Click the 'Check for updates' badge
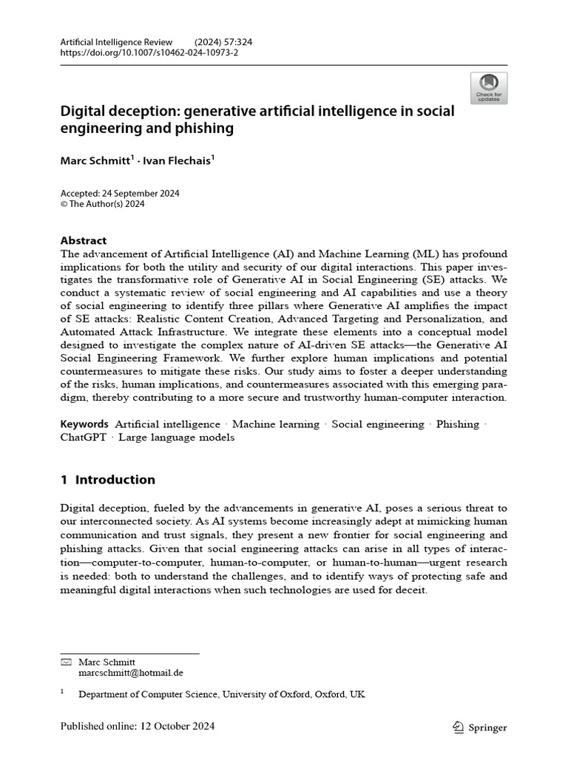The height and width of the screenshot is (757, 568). (x=488, y=88)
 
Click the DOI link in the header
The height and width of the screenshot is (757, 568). (x=149, y=53)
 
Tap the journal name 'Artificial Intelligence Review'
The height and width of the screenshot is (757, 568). (x=116, y=42)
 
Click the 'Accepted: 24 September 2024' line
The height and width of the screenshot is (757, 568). (x=120, y=194)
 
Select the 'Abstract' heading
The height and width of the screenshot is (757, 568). (x=83, y=240)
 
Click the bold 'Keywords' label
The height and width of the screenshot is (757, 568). (x=84, y=424)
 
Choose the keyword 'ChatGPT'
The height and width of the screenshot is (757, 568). (x=82, y=437)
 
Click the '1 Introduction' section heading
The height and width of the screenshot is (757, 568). (x=108, y=480)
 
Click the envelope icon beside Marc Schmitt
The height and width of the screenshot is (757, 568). (x=65, y=662)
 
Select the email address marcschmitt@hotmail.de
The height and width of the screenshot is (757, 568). (x=131, y=673)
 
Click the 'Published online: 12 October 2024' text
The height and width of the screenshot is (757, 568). (x=138, y=727)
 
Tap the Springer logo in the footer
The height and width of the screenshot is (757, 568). (x=479, y=727)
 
